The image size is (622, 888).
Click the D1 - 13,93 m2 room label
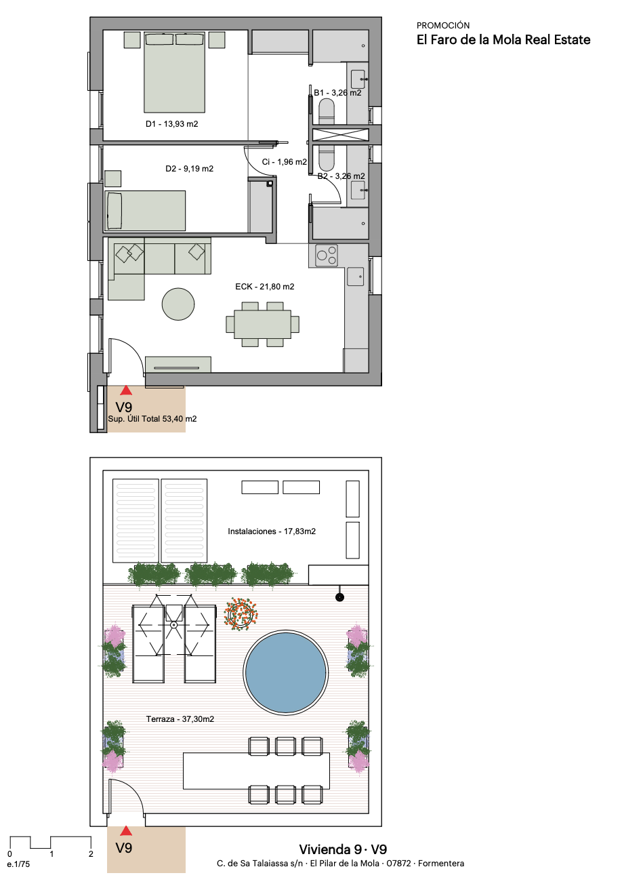tap(171, 124)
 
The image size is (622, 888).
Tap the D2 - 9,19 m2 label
tap(189, 169)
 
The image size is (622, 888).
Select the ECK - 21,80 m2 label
tap(265, 287)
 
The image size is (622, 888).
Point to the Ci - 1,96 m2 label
tap(284, 162)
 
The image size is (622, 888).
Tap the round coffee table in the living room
tap(178, 304)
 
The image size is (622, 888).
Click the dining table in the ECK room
tap(263, 324)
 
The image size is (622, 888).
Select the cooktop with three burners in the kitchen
tap(327, 255)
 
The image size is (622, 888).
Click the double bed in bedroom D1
tap(174, 72)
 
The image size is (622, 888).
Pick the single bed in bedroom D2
tap(145, 211)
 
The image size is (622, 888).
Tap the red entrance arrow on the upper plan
tap(126, 390)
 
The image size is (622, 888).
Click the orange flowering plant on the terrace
tap(241, 615)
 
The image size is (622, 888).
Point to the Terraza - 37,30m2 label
tap(180, 719)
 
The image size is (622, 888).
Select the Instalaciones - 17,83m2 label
tap(272, 531)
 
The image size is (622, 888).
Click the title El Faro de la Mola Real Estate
tap(503, 40)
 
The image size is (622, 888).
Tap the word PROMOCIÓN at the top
tap(443, 26)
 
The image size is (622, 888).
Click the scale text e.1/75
tap(18, 864)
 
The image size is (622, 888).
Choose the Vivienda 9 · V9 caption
tap(343, 849)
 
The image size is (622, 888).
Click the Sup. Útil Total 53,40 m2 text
tap(152, 419)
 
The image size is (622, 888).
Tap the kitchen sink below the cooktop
tap(355, 277)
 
